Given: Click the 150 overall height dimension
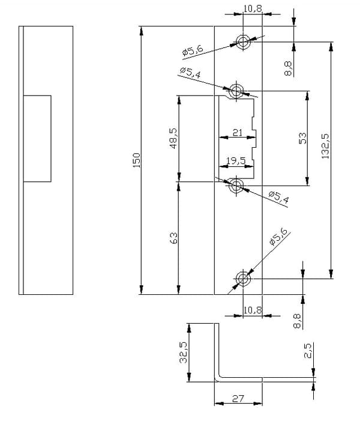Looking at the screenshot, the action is [x=137, y=160].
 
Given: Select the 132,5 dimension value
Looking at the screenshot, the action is [x=326, y=146].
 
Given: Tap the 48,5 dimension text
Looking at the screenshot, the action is [x=173, y=138].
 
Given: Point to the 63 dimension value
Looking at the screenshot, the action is [x=174, y=238].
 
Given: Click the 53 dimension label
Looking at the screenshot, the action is [x=302, y=138].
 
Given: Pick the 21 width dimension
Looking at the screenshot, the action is [x=237, y=133].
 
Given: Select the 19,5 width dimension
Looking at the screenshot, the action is [x=236, y=161].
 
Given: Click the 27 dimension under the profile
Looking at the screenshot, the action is [x=238, y=399].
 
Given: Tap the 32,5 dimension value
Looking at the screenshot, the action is [x=183, y=353].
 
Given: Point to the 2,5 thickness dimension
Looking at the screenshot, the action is [x=307, y=351].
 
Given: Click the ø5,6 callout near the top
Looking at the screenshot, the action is [x=193, y=51].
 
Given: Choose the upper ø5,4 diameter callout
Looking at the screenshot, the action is [x=190, y=73].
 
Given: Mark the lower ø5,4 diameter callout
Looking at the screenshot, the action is [x=279, y=196].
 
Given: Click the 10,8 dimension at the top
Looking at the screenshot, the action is [x=253, y=8].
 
